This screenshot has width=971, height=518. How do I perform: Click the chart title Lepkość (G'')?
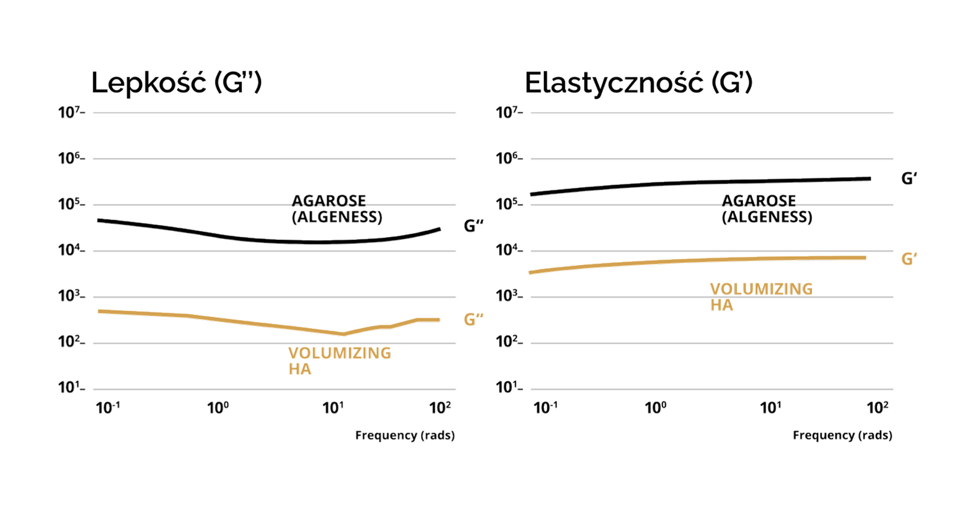[176, 83]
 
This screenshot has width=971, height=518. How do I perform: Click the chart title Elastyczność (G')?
[638, 83]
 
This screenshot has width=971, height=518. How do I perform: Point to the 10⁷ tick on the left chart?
[70, 113]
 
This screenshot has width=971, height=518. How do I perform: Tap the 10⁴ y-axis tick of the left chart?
[70, 250]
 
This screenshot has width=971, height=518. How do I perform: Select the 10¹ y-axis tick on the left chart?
[70, 388]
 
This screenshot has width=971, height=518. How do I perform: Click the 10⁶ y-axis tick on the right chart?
[508, 159]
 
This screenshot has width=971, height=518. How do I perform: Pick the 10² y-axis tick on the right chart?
[508, 342]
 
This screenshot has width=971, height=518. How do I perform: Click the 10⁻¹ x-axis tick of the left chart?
[107, 408]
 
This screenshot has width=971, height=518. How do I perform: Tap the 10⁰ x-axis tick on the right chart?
[655, 408]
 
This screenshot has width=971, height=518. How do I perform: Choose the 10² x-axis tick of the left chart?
[440, 408]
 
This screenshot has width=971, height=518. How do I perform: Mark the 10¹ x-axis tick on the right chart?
[770, 408]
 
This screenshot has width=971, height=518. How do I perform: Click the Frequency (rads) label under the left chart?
[405, 435]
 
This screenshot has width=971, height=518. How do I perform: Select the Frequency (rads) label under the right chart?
[842, 435]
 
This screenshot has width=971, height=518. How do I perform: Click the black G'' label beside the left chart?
[473, 226]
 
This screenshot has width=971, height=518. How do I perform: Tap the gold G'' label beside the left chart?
[473, 320]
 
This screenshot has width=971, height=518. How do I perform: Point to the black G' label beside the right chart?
[909, 178]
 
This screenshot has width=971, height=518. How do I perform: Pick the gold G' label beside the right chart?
[909, 259]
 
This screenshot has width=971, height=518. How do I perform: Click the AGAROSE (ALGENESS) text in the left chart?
[337, 209]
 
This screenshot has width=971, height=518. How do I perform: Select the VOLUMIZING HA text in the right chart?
[761, 297]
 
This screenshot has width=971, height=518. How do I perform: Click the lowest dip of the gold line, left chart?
[343, 334]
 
